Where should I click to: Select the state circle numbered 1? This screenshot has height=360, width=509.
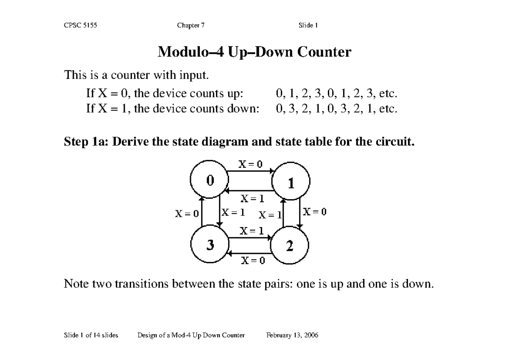(x=291, y=183)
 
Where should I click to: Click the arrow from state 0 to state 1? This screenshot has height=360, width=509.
(x=249, y=172)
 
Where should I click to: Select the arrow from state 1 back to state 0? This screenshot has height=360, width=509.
(x=249, y=191)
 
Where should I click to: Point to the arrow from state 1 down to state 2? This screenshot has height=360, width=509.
(x=300, y=213)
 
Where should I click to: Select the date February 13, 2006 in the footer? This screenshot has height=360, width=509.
(x=292, y=335)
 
